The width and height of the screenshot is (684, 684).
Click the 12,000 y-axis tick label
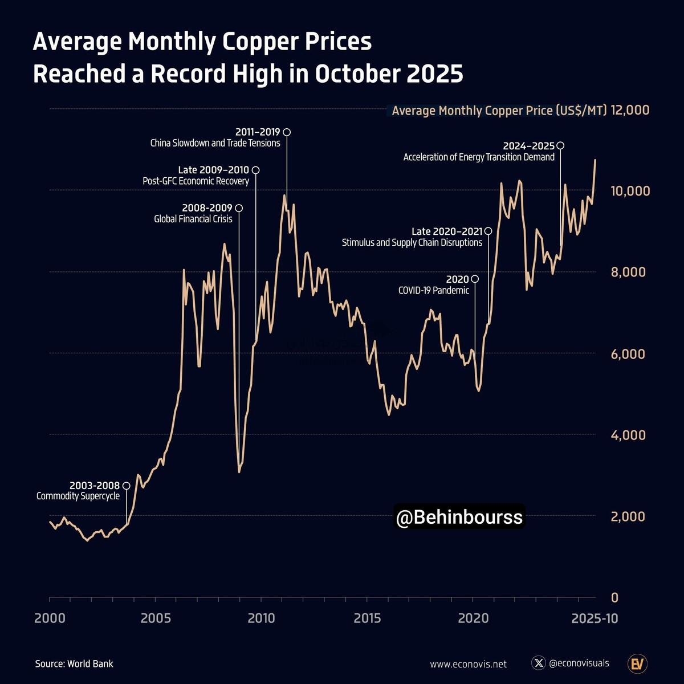pos(630,109)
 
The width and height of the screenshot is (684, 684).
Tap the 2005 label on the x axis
pos(155,618)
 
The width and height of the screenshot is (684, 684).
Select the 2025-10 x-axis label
pos(595,618)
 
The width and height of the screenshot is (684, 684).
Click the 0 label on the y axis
pos(614,597)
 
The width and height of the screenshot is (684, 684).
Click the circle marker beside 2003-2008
pos(127,486)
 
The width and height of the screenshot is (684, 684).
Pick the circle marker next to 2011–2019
pos(287,132)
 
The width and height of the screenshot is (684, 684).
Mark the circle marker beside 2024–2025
pos(560,146)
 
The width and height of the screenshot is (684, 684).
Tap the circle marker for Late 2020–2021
pos(488,231)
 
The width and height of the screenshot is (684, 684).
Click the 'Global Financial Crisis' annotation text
pos(193,219)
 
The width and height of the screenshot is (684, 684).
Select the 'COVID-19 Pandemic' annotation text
pos(433,290)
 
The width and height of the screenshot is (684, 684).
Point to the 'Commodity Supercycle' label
pos(78,496)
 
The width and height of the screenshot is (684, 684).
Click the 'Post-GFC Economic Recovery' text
pos(196,181)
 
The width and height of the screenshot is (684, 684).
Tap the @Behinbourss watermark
pos(459,517)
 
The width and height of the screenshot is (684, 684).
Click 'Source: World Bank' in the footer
pos(74,663)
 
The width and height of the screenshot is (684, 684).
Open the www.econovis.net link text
pos(468,664)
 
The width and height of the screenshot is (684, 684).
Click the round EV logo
pos(637,663)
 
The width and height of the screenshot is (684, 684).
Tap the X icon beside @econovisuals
pos(538,663)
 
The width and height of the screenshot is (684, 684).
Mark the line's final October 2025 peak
pos(595,160)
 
